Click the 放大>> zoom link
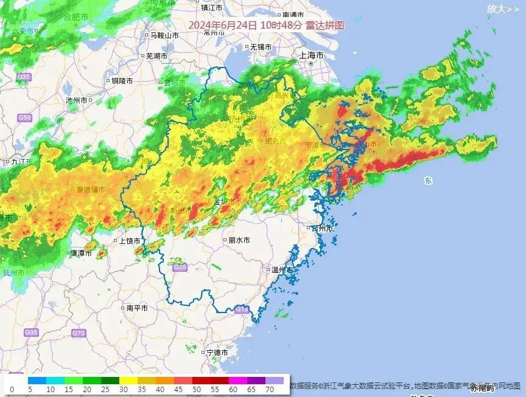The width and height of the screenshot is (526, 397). point(503,9)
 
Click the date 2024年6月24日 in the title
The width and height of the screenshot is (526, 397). point(222,25)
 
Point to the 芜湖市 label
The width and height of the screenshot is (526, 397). point(156,56)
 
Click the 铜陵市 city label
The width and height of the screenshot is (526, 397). point(122,80)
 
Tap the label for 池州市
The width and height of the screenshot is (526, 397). point(77,100)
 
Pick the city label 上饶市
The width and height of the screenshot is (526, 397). point(129,241)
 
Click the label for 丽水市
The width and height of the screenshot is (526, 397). point(239,240)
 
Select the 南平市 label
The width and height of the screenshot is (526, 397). point(136,308)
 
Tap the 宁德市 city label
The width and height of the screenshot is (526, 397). point(217,353)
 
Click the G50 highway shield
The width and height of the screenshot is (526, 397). point(24,117)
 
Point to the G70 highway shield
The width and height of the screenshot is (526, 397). point(79,333)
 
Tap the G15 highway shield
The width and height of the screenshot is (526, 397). point(242,310)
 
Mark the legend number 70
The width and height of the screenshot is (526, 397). point(268,390)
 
